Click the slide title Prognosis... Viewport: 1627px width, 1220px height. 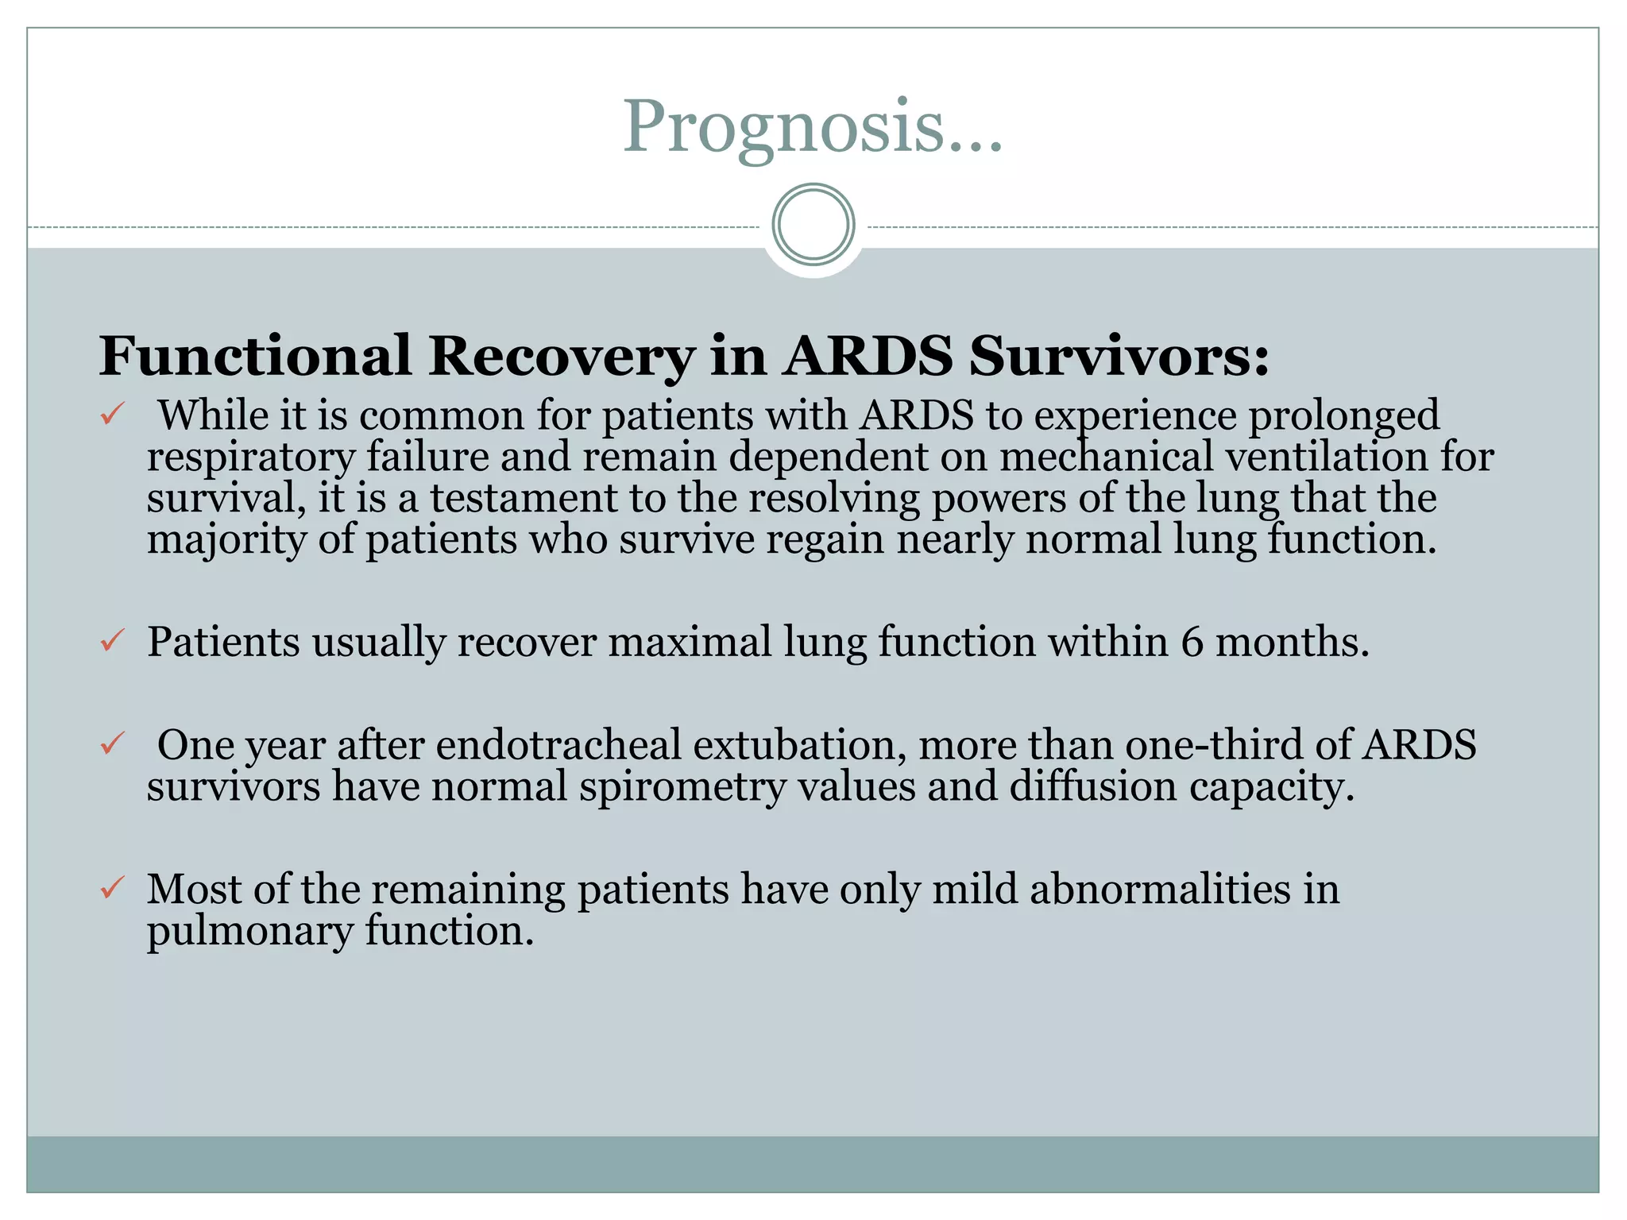pos(812,127)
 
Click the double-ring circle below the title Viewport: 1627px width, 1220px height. pos(813,225)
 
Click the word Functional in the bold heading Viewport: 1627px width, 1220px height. pos(255,356)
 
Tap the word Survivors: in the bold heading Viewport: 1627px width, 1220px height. pos(1119,356)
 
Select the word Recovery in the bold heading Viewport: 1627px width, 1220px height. pos(562,356)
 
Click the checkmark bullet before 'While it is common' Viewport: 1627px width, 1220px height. pos(112,415)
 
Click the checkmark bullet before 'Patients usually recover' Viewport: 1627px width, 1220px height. pos(112,640)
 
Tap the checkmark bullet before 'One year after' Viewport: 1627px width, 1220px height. pos(112,744)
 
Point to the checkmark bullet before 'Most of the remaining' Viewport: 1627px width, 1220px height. pos(112,887)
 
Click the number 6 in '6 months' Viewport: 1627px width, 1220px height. pos(1192,642)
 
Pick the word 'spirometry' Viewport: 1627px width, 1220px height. pos(682,788)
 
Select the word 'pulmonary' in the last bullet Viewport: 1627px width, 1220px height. pos(249,932)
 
